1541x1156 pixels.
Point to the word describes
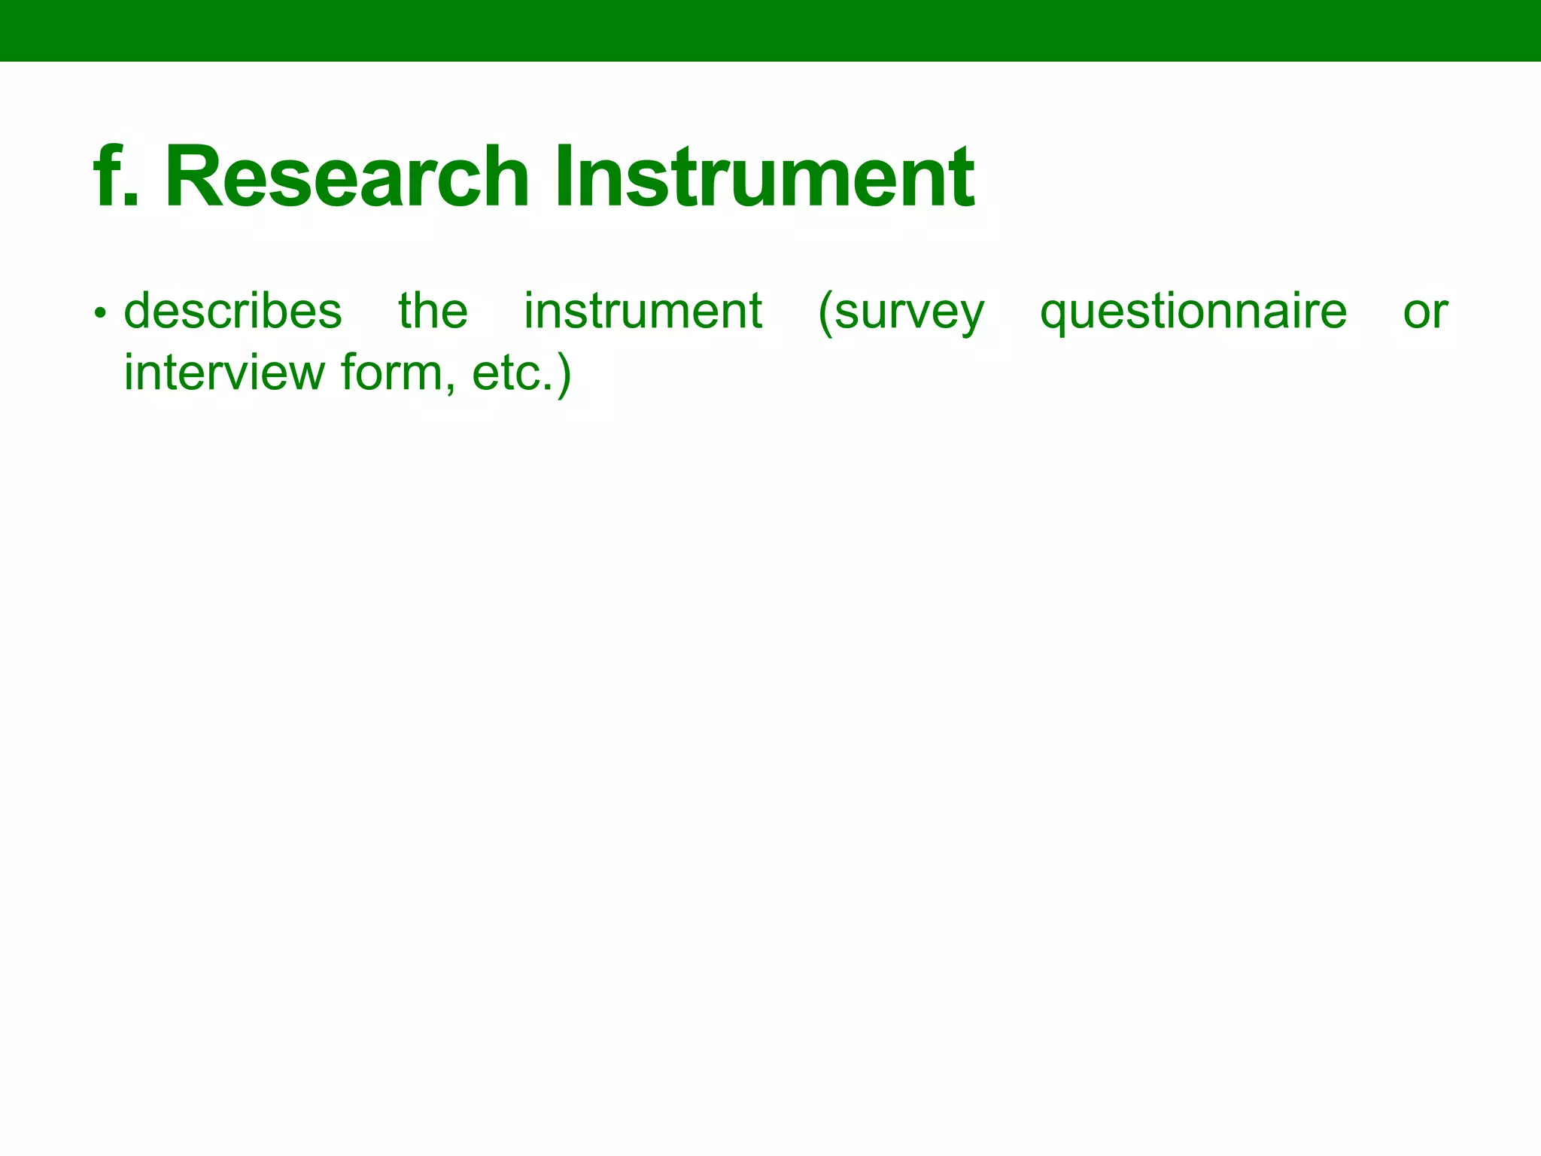coord(233,311)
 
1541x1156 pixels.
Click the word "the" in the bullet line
coord(433,311)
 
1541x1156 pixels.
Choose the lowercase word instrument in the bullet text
coord(643,311)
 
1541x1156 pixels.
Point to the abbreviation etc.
coord(512,374)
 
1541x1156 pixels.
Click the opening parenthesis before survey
coord(825,312)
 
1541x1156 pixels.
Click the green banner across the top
coord(770,30)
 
